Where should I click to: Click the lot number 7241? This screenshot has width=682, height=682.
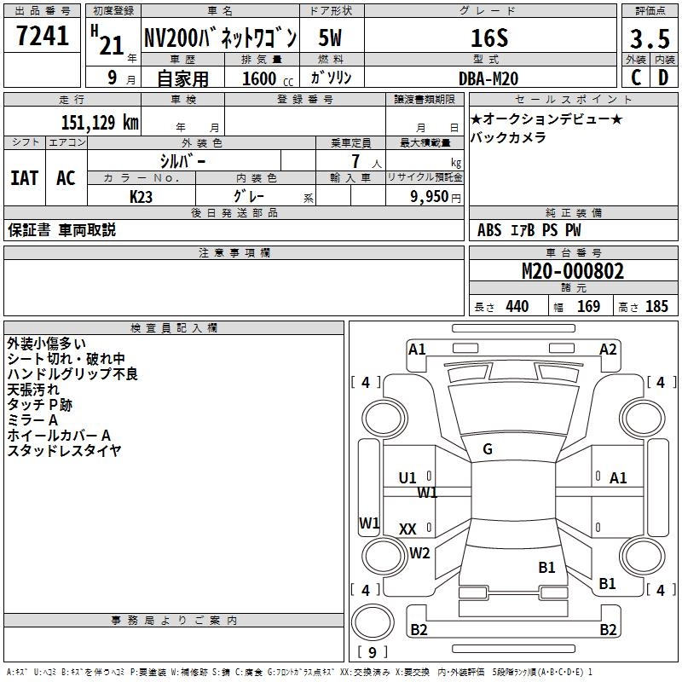coord(43,36)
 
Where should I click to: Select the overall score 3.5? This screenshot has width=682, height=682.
coord(650,39)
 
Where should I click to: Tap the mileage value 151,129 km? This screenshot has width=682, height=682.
coord(100,123)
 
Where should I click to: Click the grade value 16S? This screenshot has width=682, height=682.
coord(489,38)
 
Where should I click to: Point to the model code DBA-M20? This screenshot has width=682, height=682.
coord(488,78)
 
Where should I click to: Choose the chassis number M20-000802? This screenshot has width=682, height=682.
coord(573,271)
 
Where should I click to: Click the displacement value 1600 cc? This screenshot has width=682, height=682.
coord(268,78)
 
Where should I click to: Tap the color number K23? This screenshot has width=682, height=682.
coord(141,197)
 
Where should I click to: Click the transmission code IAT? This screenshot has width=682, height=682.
coord(25,178)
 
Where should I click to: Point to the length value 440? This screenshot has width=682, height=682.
coord(517,306)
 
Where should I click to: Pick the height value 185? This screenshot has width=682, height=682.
coord(656,306)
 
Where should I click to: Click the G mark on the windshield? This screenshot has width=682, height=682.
coord(488,449)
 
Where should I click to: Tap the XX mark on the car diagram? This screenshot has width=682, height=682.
coord(407,529)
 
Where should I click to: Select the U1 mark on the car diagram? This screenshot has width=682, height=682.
coord(407,478)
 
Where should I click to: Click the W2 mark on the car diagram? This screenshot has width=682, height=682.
coord(419,552)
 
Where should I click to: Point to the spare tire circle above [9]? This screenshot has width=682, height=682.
coord(373,622)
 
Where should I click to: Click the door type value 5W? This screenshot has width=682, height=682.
coord(330,38)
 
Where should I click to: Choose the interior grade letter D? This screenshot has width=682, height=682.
coord(663,78)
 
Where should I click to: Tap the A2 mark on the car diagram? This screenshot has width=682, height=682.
coord(608,350)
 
